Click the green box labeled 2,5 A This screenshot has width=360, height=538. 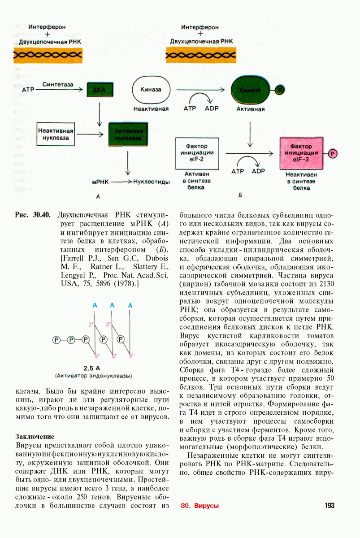click(100, 90)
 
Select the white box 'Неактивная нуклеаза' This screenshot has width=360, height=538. click(56, 134)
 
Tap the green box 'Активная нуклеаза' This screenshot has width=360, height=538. click(128, 134)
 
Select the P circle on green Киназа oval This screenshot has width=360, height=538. click(279, 90)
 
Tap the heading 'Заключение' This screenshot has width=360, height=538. click(35, 436)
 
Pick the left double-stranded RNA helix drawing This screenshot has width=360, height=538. click(47, 55)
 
